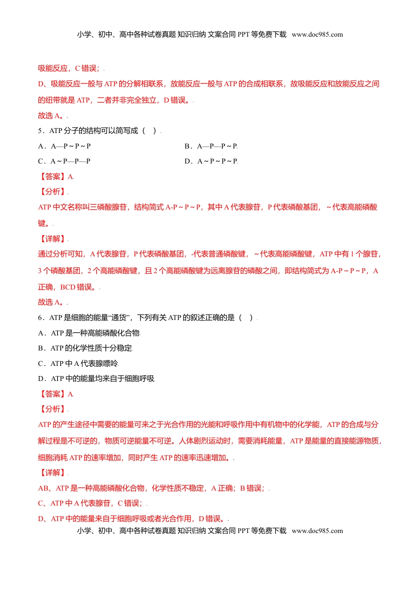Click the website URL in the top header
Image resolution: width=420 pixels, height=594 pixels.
[317, 34]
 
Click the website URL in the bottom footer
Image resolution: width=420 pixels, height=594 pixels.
[317, 531]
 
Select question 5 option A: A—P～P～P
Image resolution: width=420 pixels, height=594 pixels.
[65, 146]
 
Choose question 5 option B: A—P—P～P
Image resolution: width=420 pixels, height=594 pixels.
[211, 146]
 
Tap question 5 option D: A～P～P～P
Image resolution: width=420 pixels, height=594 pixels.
[211, 161]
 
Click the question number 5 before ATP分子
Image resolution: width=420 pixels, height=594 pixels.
[40, 131]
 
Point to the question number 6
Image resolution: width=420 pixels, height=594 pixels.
[40, 318]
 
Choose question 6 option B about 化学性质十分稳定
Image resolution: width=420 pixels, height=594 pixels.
[85, 348]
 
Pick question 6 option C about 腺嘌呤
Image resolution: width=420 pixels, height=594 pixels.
[78, 363]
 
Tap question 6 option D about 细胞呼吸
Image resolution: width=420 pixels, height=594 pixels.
[96, 378]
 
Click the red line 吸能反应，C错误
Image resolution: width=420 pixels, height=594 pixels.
[69, 68]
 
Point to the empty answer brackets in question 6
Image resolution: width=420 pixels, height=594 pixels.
[246, 318]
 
